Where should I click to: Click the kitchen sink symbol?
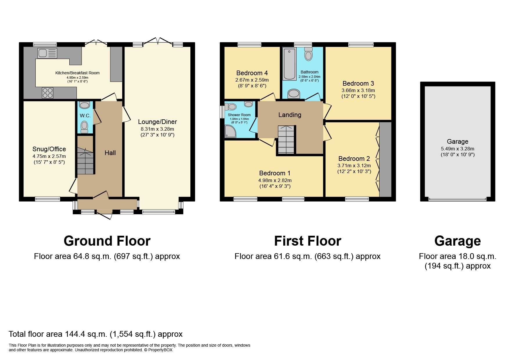coord(47,53)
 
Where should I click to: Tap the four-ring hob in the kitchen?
coord(48,93)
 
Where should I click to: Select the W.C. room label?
coord(85,116)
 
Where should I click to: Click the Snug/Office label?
coord(49,149)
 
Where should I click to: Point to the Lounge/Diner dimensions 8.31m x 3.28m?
coord(157,129)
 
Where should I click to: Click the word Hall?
coord(110,153)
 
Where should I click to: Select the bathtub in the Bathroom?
coord(289,64)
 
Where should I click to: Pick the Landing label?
coord(290,115)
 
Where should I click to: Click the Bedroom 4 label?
coord(252,73)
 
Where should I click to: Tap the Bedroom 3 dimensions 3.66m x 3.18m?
coord(358,90)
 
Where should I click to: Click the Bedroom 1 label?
coord(275,173)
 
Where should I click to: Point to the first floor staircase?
coord(286,140)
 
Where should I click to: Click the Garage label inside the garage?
coord(457,141)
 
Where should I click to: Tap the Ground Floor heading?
coord(107,241)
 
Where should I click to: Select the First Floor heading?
coord(307,241)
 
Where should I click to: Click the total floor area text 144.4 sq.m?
coord(95,334)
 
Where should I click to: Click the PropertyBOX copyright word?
coord(160,350)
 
